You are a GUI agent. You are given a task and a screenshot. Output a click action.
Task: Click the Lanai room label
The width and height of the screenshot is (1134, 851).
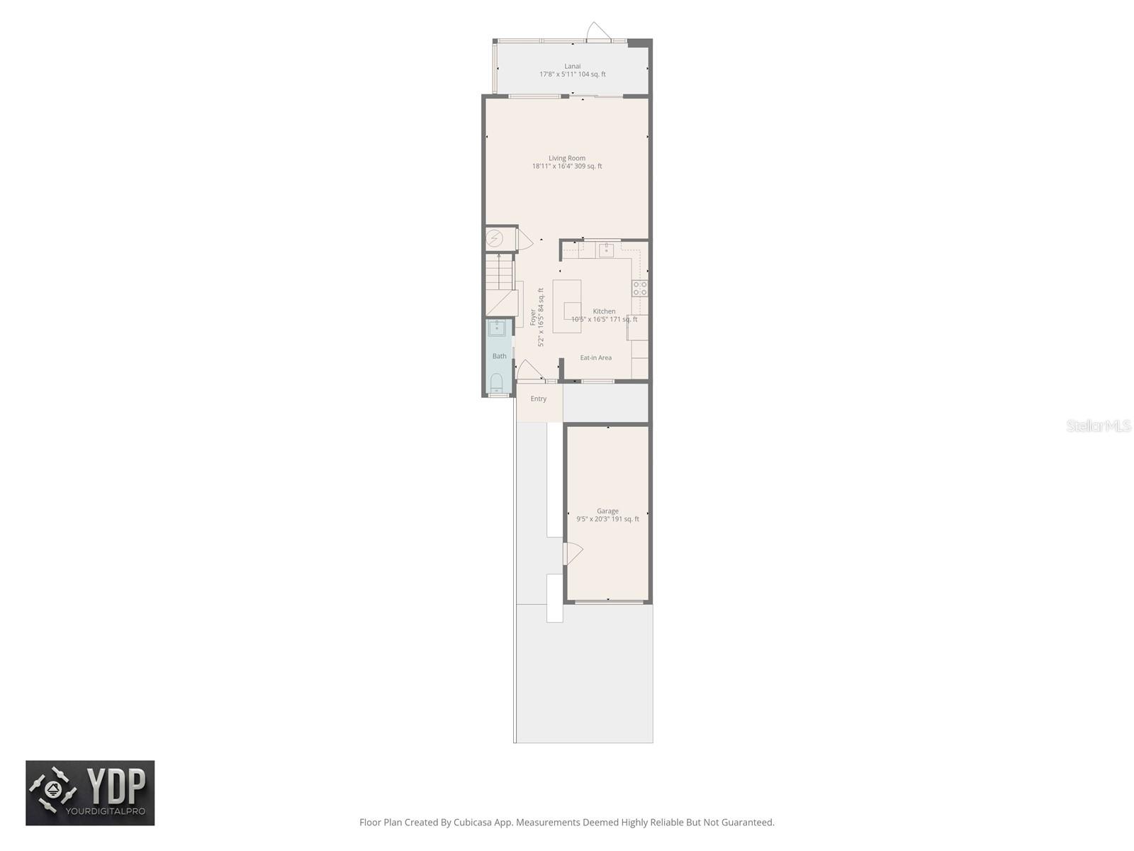tap(572, 66)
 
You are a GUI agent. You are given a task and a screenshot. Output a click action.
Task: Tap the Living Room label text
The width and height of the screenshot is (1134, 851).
tap(567, 158)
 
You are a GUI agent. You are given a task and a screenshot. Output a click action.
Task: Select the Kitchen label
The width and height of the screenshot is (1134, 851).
tap(604, 311)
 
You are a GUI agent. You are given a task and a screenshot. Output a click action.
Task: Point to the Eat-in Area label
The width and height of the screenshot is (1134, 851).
tap(595, 357)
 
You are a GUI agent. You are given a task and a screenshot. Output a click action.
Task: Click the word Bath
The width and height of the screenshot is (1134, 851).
tap(500, 356)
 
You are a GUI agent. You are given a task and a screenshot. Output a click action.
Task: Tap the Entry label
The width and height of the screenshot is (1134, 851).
tap(539, 399)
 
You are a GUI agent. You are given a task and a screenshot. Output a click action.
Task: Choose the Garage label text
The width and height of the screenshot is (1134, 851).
tap(607, 511)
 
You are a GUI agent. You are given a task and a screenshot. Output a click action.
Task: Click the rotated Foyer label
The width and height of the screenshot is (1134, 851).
tap(533, 317)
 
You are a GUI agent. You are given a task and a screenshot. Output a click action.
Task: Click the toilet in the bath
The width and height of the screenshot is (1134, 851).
tap(497, 384)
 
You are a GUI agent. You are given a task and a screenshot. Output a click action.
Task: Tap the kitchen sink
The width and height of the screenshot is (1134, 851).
tap(606, 250)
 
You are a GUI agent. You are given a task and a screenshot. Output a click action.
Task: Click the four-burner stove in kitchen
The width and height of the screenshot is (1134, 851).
tap(639, 288)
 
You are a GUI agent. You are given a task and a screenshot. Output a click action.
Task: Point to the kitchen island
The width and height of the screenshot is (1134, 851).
tap(567, 306)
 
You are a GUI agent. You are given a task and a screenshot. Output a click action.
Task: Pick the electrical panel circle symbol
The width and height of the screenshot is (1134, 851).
tap(495, 238)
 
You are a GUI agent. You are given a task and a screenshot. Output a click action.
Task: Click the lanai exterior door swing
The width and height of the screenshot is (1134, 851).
tap(597, 31)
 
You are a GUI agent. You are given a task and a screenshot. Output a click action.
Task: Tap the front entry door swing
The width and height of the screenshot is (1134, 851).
tap(529, 370)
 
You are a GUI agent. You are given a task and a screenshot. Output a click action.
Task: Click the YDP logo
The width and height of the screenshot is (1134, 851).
tap(90, 793)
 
